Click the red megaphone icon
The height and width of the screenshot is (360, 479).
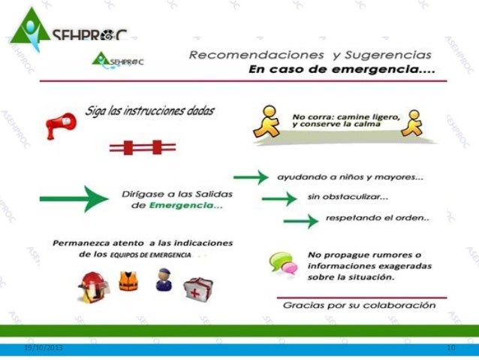60,122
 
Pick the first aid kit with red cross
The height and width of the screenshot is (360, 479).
199,286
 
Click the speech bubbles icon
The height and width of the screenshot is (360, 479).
282,262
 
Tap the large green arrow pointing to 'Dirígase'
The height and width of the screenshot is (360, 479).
74,199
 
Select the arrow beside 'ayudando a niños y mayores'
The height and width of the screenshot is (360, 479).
251,177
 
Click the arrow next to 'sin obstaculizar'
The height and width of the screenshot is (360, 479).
279,198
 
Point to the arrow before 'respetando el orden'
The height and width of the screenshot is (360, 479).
301,221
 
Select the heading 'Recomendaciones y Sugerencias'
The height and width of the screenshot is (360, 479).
310,55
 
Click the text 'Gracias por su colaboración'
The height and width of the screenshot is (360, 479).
359,306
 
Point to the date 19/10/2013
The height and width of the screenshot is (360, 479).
44,348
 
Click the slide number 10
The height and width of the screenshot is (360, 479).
450,348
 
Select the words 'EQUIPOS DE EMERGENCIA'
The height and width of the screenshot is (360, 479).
149,256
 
